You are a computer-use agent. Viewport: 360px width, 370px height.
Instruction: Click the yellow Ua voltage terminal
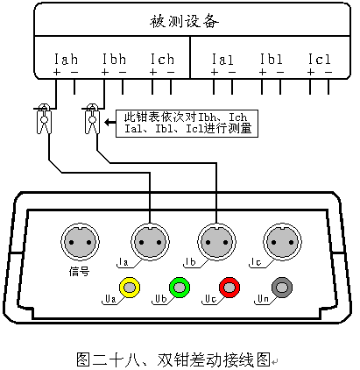tap(130, 288)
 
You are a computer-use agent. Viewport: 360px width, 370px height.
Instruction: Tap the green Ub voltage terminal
tap(180, 288)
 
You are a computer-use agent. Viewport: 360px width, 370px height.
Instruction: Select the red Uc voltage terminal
tap(229, 288)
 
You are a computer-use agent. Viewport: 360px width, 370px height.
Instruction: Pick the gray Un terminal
tap(282, 288)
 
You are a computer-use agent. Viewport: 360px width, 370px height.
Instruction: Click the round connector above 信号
tap(80, 242)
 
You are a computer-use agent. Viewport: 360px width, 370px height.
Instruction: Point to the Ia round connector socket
tap(150, 242)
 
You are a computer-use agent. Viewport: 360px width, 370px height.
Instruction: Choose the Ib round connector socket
tap(216, 242)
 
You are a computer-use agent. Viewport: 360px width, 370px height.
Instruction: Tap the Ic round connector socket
tap(282, 242)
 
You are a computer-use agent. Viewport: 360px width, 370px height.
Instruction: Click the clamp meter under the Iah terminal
tap(44, 118)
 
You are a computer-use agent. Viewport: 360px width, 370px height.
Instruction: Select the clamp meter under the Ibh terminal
tap(92, 118)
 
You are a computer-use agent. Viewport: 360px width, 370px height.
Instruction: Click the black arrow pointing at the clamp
tap(110, 122)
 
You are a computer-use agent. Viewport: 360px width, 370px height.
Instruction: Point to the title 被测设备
tap(184, 21)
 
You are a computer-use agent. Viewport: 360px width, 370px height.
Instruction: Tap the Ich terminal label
tap(162, 59)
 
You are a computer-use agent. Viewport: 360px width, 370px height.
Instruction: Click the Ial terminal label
tap(222, 60)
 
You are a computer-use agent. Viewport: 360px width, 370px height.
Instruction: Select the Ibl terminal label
tap(272, 59)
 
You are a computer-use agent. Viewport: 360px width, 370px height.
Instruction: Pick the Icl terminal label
tap(320, 59)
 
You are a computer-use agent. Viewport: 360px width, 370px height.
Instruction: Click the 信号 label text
tap(79, 271)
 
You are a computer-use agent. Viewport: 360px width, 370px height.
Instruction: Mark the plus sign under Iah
tap(56, 72)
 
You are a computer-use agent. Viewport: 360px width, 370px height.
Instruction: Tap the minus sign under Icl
tap(328, 72)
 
